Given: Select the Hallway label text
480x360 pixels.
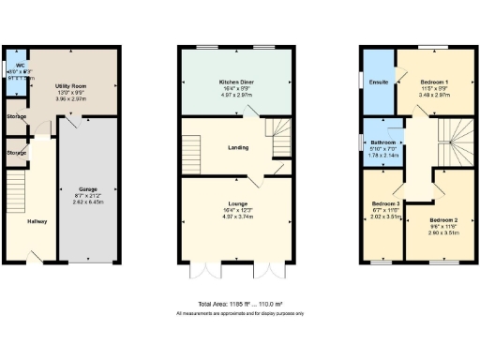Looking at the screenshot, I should click(x=37, y=221).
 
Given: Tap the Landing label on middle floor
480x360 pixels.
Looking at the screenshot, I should click(x=238, y=147).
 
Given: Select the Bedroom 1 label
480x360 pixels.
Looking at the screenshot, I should click(x=433, y=82).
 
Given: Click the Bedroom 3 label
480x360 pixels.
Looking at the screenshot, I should click(x=385, y=203).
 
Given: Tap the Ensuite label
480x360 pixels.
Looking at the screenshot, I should click(x=380, y=82).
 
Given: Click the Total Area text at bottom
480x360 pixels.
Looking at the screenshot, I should click(x=239, y=305).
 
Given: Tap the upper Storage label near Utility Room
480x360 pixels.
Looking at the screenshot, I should click(x=17, y=117).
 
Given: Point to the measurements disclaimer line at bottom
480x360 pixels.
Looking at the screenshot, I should click(x=239, y=313).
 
